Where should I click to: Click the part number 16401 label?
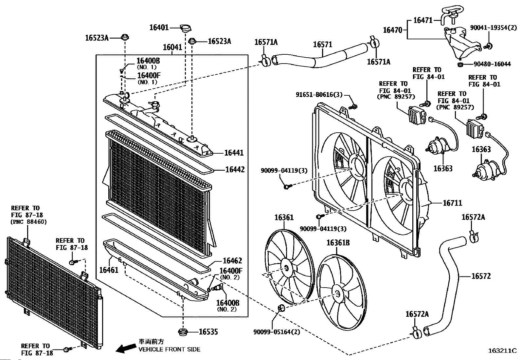pos(159,27)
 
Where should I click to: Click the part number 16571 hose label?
pos(323,44)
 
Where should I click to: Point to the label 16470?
pos(393,30)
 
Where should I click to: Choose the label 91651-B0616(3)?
pos(319,95)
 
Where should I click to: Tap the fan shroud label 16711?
pos(452,203)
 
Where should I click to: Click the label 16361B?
pos(338,243)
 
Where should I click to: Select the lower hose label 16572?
pos(481,276)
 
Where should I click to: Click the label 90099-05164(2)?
pos(277,332)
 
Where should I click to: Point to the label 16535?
pos(208,332)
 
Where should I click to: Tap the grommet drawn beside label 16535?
pos(183,332)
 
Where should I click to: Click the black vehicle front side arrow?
pos(126,349)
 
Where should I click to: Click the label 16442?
pos(235,170)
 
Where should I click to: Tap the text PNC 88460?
pos(29,222)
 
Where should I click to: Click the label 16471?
pos(423,20)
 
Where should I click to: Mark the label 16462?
pos(232,261)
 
